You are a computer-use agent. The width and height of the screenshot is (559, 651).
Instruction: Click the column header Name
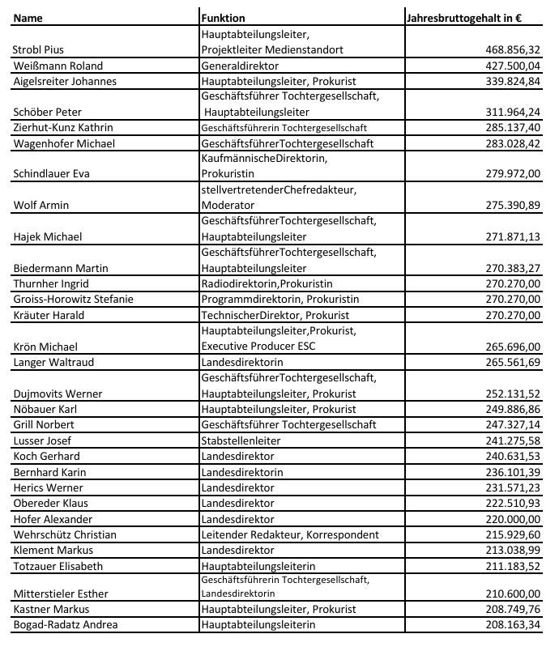28,17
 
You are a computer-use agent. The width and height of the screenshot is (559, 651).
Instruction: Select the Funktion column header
223,17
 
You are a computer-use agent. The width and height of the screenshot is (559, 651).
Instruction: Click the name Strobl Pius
39,49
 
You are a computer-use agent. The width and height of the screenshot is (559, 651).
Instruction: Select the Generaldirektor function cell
240,66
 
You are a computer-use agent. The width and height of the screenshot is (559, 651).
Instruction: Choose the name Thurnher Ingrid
51,283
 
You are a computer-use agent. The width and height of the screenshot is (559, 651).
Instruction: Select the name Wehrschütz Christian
65,534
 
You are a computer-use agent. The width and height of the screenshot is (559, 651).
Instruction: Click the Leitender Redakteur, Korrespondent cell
289,534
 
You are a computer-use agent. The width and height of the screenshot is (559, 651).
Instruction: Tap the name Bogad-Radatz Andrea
66,624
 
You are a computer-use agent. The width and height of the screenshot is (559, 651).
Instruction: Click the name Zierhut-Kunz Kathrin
63,128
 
